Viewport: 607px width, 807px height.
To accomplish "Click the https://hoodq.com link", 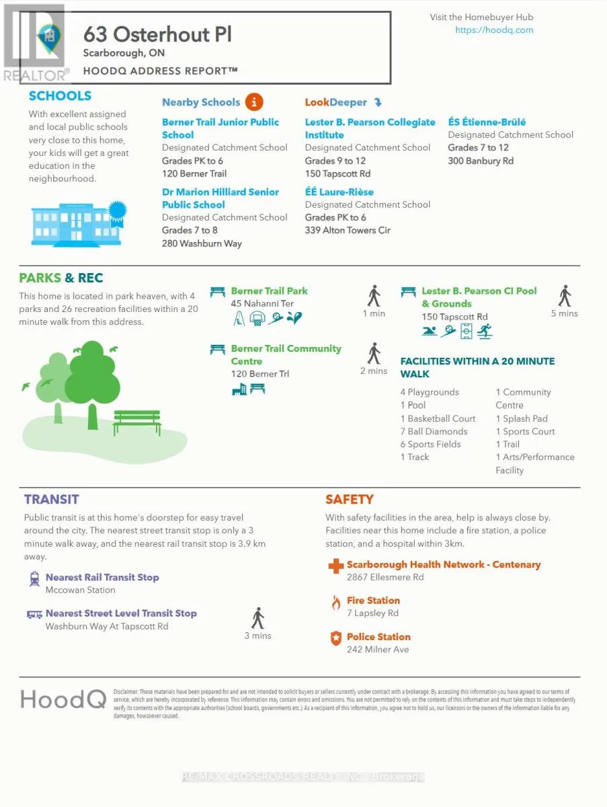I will (494, 30).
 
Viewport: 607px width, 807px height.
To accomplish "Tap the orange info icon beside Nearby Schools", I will (254, 102).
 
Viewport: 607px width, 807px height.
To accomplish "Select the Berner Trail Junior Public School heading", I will (220, 128).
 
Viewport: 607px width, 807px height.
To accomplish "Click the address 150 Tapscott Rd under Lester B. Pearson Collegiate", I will (337, 174).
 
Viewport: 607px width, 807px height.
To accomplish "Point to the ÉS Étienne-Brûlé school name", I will (487, 122).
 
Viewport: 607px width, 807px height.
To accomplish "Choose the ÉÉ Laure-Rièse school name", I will (339, 192).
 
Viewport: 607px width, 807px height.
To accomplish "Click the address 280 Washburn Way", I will (201, 243).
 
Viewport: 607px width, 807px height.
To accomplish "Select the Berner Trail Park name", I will (269, 291).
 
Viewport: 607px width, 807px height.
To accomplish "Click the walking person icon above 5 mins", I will (565, 296).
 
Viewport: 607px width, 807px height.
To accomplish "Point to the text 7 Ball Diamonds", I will (434, 431).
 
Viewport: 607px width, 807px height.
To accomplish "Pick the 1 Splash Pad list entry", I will (522, 418).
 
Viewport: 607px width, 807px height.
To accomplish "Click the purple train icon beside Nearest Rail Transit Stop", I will (34, 578).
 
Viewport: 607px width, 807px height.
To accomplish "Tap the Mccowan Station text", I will (80, 590).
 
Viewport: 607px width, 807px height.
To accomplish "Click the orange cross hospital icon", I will (335, 566).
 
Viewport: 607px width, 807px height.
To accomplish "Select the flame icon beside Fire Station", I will (335, 602).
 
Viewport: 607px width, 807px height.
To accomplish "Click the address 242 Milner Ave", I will (377, 650).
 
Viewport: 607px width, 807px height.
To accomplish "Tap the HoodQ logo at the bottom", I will (63, 699).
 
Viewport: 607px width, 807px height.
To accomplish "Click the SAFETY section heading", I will (349, 499).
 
